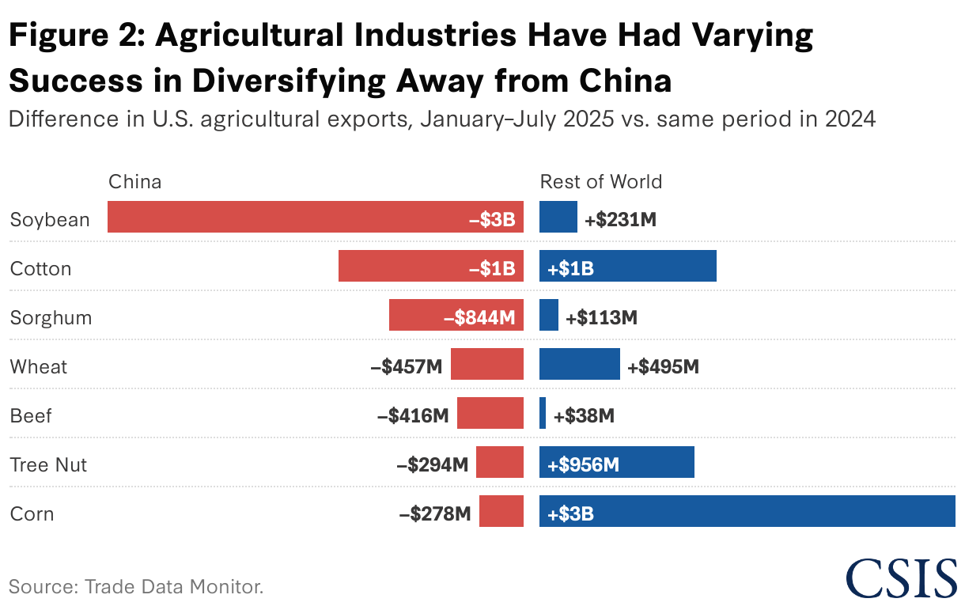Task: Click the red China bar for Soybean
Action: point(316,217)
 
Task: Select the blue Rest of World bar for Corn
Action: point(747,511)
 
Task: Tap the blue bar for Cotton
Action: point(628,266)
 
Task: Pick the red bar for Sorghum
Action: point(456,315)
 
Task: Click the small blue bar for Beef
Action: point(543,413)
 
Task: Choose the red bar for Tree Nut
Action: point(500,462)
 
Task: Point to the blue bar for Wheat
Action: point(580,364)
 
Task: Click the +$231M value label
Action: point(620,220)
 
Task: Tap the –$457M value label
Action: point(407,367)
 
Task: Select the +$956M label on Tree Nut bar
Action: point(583,465)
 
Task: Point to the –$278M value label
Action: point(435,513)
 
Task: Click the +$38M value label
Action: point(584,416)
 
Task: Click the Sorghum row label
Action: point(51,318)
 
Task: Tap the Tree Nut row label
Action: point(48,465)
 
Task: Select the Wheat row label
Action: point(38,367)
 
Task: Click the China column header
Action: point(134,182)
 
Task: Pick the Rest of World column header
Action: point(601,182)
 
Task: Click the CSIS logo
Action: point(901,578)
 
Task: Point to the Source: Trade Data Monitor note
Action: point(136,586)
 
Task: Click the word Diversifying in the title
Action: point(289,81)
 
